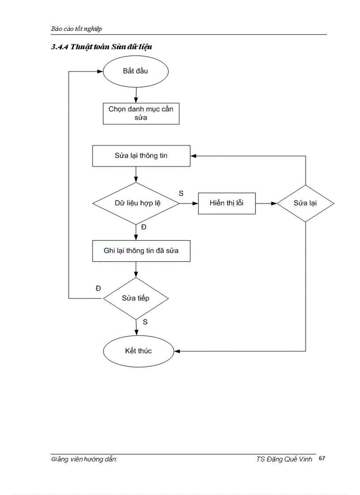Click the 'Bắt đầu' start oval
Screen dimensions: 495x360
click(x=135, y=71)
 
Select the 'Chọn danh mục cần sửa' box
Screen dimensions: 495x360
click(x=141, y=113)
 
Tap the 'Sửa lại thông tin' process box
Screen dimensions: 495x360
click(x=141, y=156)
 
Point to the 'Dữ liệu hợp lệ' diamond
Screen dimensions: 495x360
click(x=135, y=204)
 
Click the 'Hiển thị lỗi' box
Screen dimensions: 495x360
click(x=226, y=204)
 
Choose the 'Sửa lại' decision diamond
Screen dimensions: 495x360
click(x=305, y=204)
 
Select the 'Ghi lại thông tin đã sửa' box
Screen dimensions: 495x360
click(x=141, y=251)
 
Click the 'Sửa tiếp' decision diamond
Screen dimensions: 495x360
click(x=135, y=298)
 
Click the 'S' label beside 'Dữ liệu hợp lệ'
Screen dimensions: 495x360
click(x=181, y=193)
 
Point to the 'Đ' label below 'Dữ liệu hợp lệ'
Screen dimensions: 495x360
click(x=143, y=227)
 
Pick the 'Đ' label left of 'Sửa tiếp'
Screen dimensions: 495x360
click(x=98, y=288)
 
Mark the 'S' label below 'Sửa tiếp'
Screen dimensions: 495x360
click(x=145, y=322)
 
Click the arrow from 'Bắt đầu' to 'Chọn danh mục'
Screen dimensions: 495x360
click(x=135, y=93)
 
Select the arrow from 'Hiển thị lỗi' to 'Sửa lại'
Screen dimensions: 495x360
click(x=266, y=204)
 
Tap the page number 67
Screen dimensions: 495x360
click(x=322, y=458)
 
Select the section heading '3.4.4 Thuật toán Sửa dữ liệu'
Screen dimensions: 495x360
click(x=101, y=47)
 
